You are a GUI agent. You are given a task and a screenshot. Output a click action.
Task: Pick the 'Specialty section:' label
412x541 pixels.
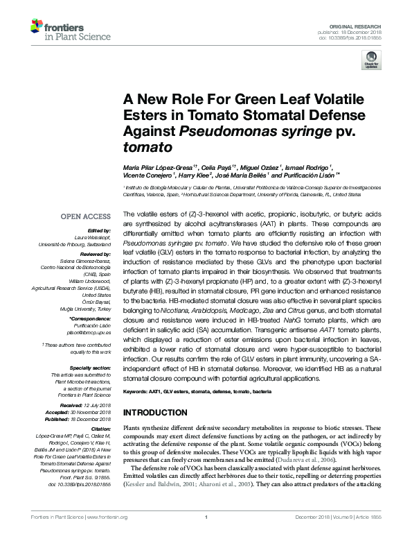point(91,368)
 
